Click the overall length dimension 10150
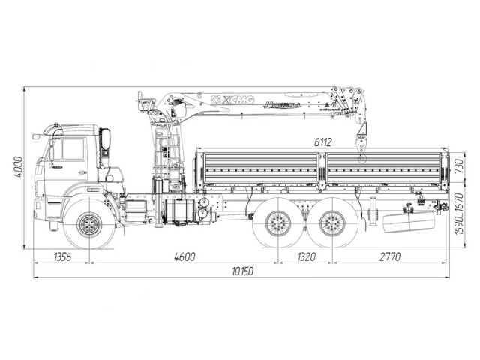click(240, 271)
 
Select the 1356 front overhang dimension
click(64, 256)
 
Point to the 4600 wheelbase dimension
click(184, 256)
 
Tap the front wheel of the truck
click(91, 224)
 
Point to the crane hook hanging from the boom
click(362, 154)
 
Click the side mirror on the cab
click(106, 139)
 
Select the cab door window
click(69, 149)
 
